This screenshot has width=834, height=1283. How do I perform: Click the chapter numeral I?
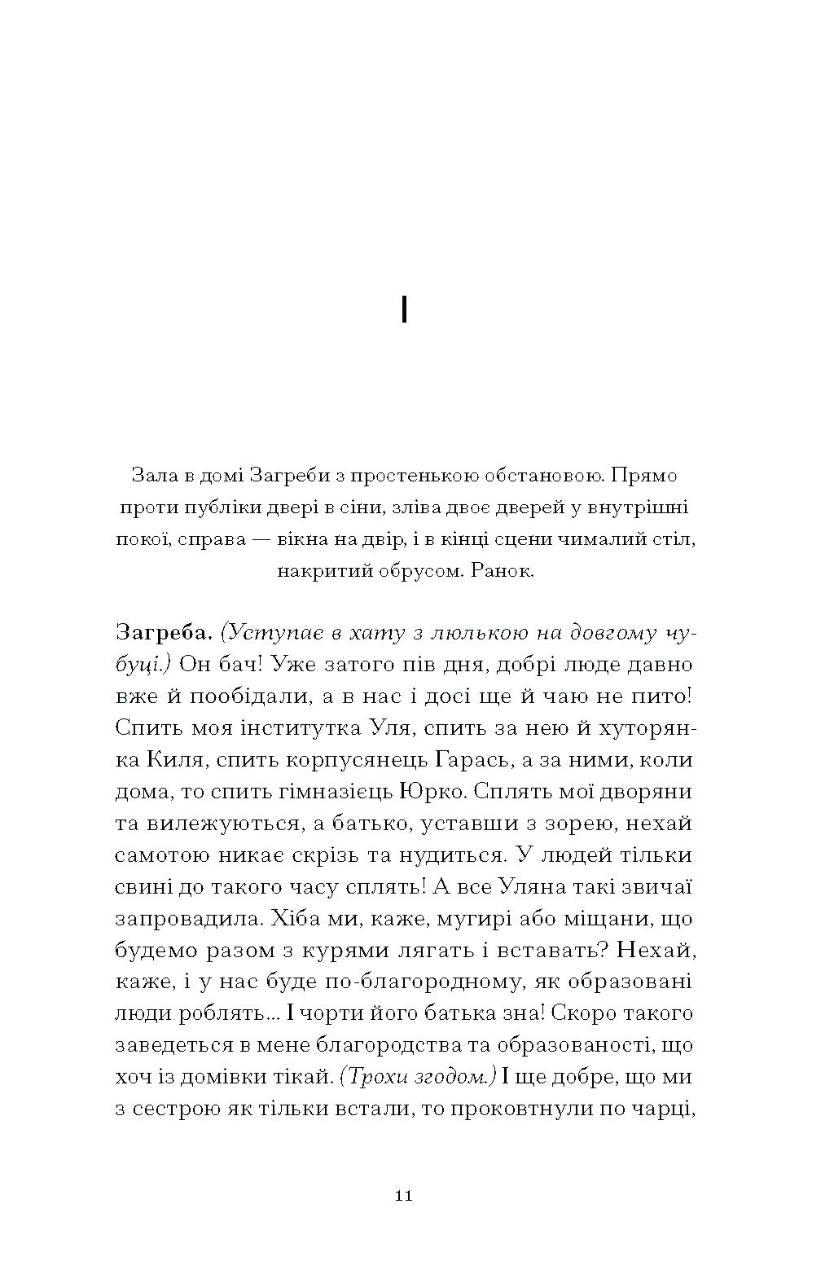[x=405, y=310]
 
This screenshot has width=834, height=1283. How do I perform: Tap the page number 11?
[x=404, y=1197]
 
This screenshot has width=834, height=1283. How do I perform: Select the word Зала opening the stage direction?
[x=149, y=474]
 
